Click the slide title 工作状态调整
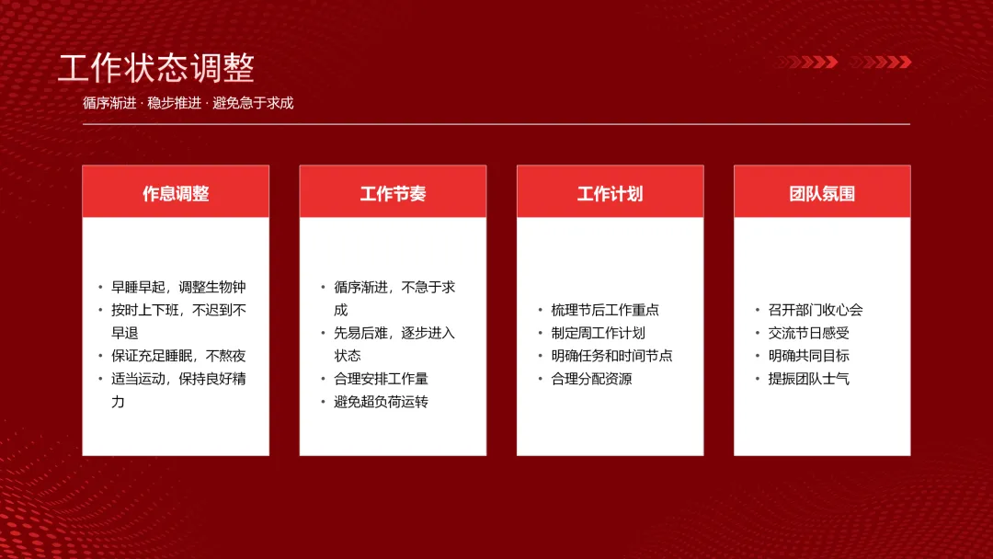click(156, 68)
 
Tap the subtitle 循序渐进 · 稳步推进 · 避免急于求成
click(188, 103)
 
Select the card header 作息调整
click(176, 194)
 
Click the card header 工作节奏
click(393, 194)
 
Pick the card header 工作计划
click(610, 194)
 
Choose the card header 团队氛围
click(822, 194)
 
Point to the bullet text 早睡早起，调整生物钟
click(178, 288)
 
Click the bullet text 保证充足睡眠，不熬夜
click(178, 356)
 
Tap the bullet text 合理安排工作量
click(382, 379)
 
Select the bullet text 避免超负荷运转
click(382, 402)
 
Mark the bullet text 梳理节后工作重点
click(605, 310)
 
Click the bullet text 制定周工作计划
click(598, 333)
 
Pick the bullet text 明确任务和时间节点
click(611, 356)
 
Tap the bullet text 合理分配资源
click(591, 379)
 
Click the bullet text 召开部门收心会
click(816, 310)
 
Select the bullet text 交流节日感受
click(809, 333)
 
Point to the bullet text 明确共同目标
click(809, 356)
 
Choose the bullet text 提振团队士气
click(809, 379)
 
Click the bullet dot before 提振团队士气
click(758, 379)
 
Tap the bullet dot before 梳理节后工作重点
click(541, 310)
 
